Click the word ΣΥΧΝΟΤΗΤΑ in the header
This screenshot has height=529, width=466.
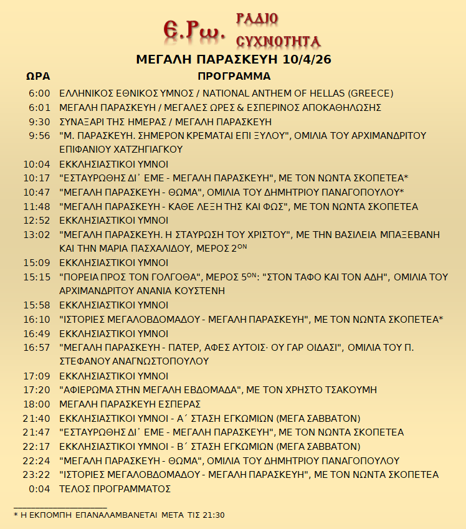278,42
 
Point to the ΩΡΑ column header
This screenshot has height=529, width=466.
38,77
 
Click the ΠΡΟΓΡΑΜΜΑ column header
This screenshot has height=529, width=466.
234,77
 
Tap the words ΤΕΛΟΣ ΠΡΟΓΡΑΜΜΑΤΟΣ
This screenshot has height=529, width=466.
115,489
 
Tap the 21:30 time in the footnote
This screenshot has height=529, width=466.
212,515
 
